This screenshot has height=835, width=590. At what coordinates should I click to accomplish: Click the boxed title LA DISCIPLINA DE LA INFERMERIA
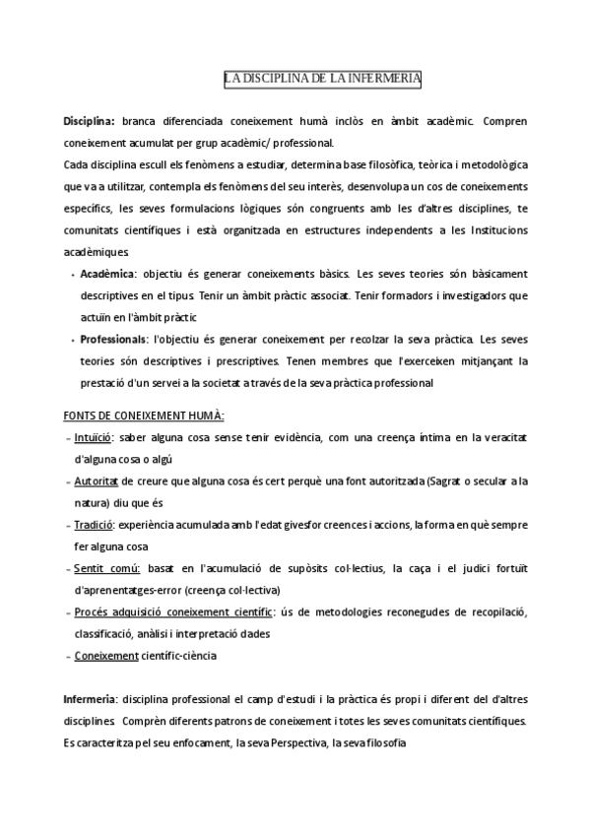(x=323, y=79)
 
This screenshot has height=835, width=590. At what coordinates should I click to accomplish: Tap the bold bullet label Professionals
(x=112, y=338)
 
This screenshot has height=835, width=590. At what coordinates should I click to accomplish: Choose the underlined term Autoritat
(x=97, y=481)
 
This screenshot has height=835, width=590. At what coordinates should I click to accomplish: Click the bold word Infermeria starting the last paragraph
(x=90, y=700)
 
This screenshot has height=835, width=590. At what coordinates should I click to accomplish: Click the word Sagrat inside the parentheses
(x=452, y=481)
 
